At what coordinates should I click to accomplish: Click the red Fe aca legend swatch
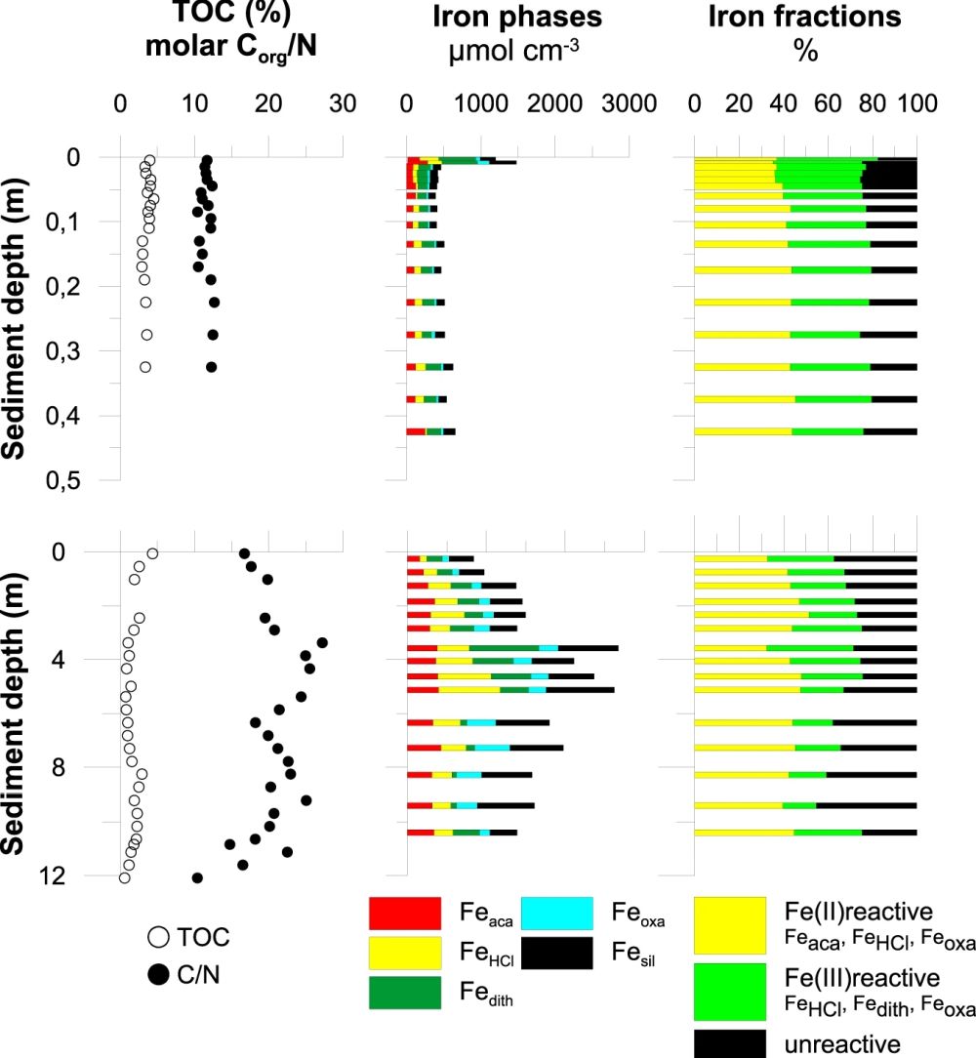point(404,914)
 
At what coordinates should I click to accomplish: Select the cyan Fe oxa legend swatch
point(557,914)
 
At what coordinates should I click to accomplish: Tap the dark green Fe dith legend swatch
point(404,993)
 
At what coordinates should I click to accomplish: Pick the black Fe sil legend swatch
point(557,954)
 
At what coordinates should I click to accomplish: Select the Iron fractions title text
point(805,18)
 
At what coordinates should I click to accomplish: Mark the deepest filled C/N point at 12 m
point(197,878)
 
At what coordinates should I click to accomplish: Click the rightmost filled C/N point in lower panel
point(322,642)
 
